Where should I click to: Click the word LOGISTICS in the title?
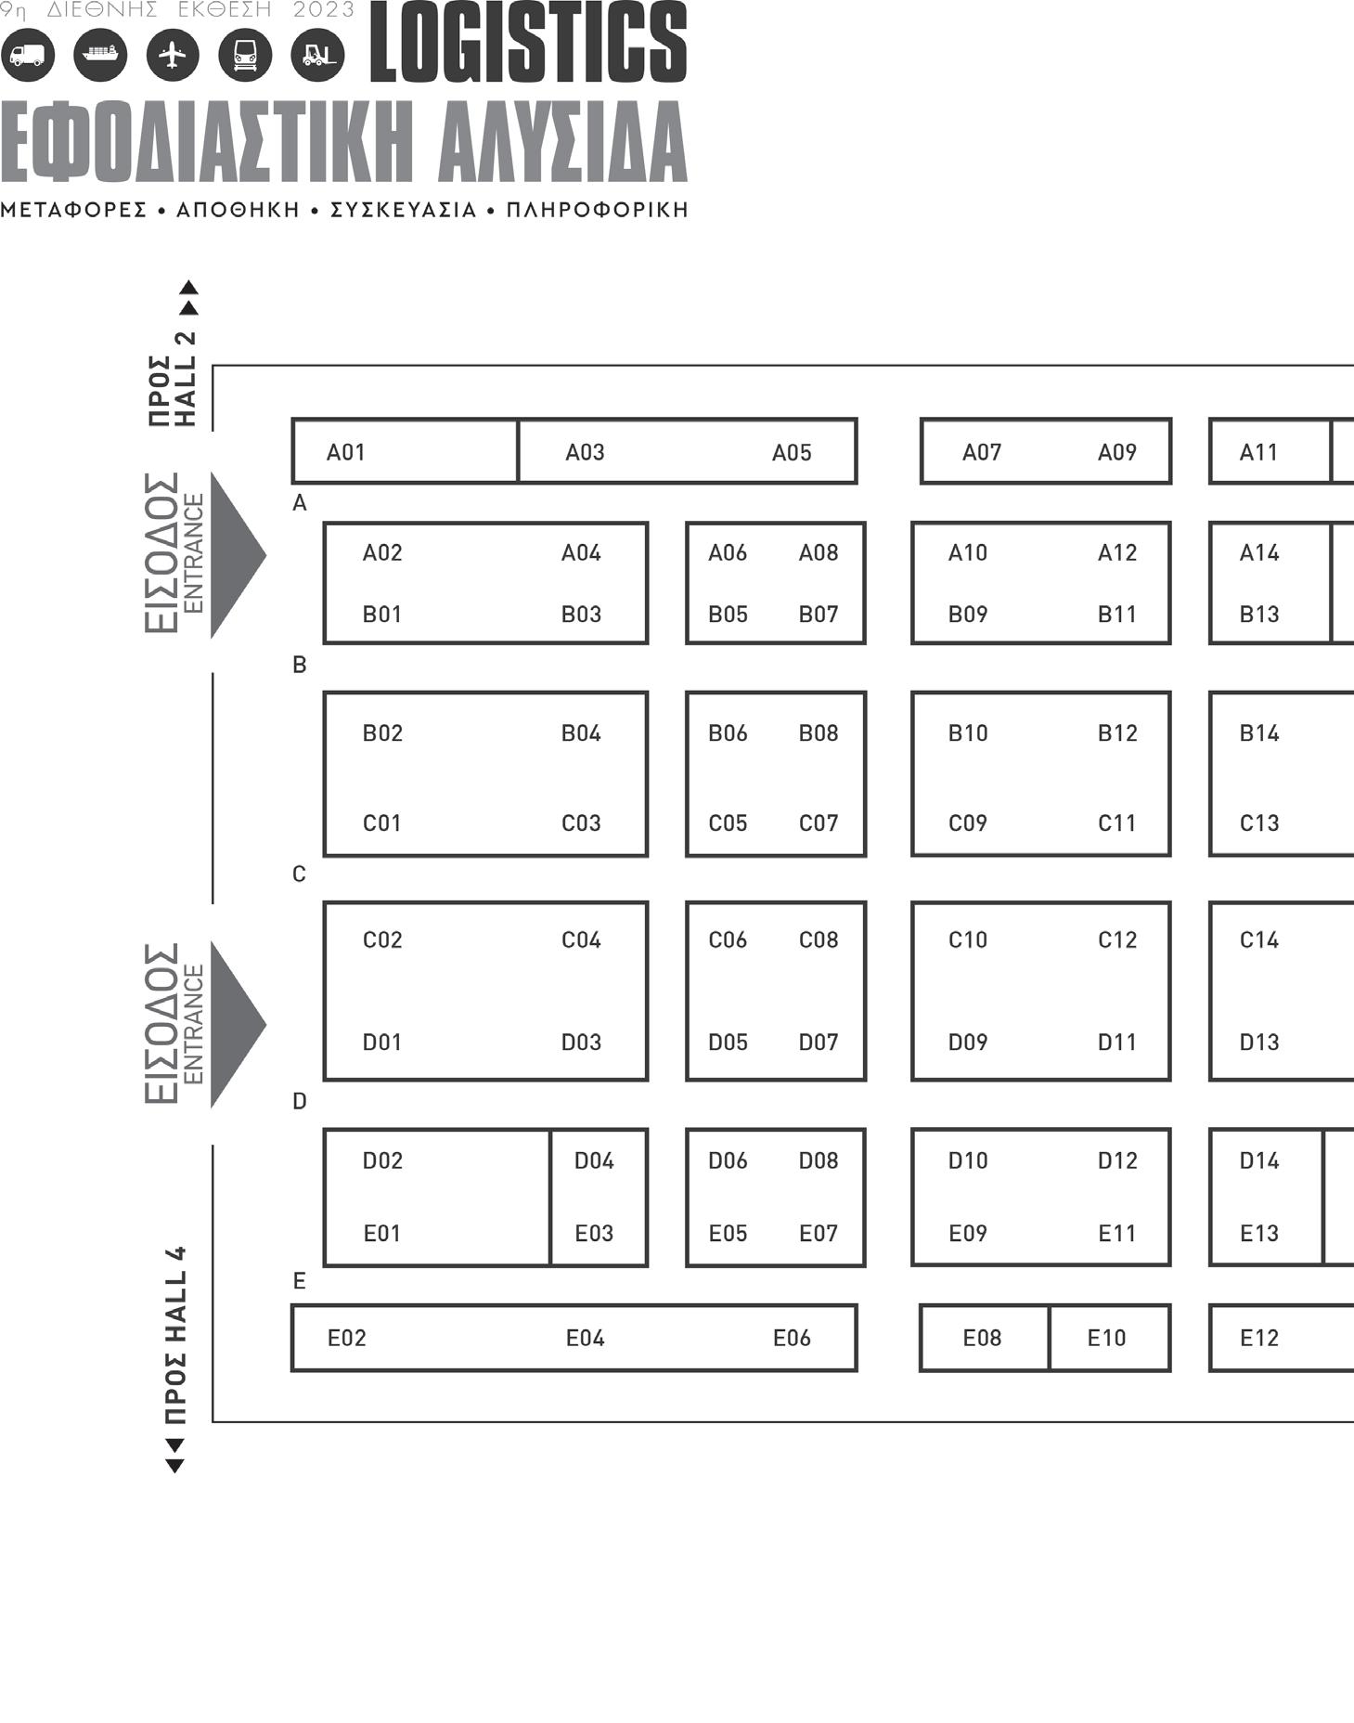click(528, 44)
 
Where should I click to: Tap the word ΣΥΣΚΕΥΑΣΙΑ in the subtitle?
click(404, 210)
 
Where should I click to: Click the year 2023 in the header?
click(324, 10)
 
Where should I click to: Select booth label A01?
click(346, 452)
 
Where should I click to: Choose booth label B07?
click(819, 614)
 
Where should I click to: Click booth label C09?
click(968, 823)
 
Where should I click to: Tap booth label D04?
click(594, 1160)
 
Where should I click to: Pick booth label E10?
click(1106, 1338)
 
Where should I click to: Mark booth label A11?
click(1259, 452)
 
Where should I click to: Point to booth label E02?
click(347, 1338)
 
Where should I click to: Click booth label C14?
click(1259, 939)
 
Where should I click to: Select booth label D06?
click(728, 1160)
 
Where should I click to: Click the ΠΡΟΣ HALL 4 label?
click(174, 1335)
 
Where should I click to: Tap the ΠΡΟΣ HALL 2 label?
click(174, 379)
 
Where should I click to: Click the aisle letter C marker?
click(299, 874)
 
